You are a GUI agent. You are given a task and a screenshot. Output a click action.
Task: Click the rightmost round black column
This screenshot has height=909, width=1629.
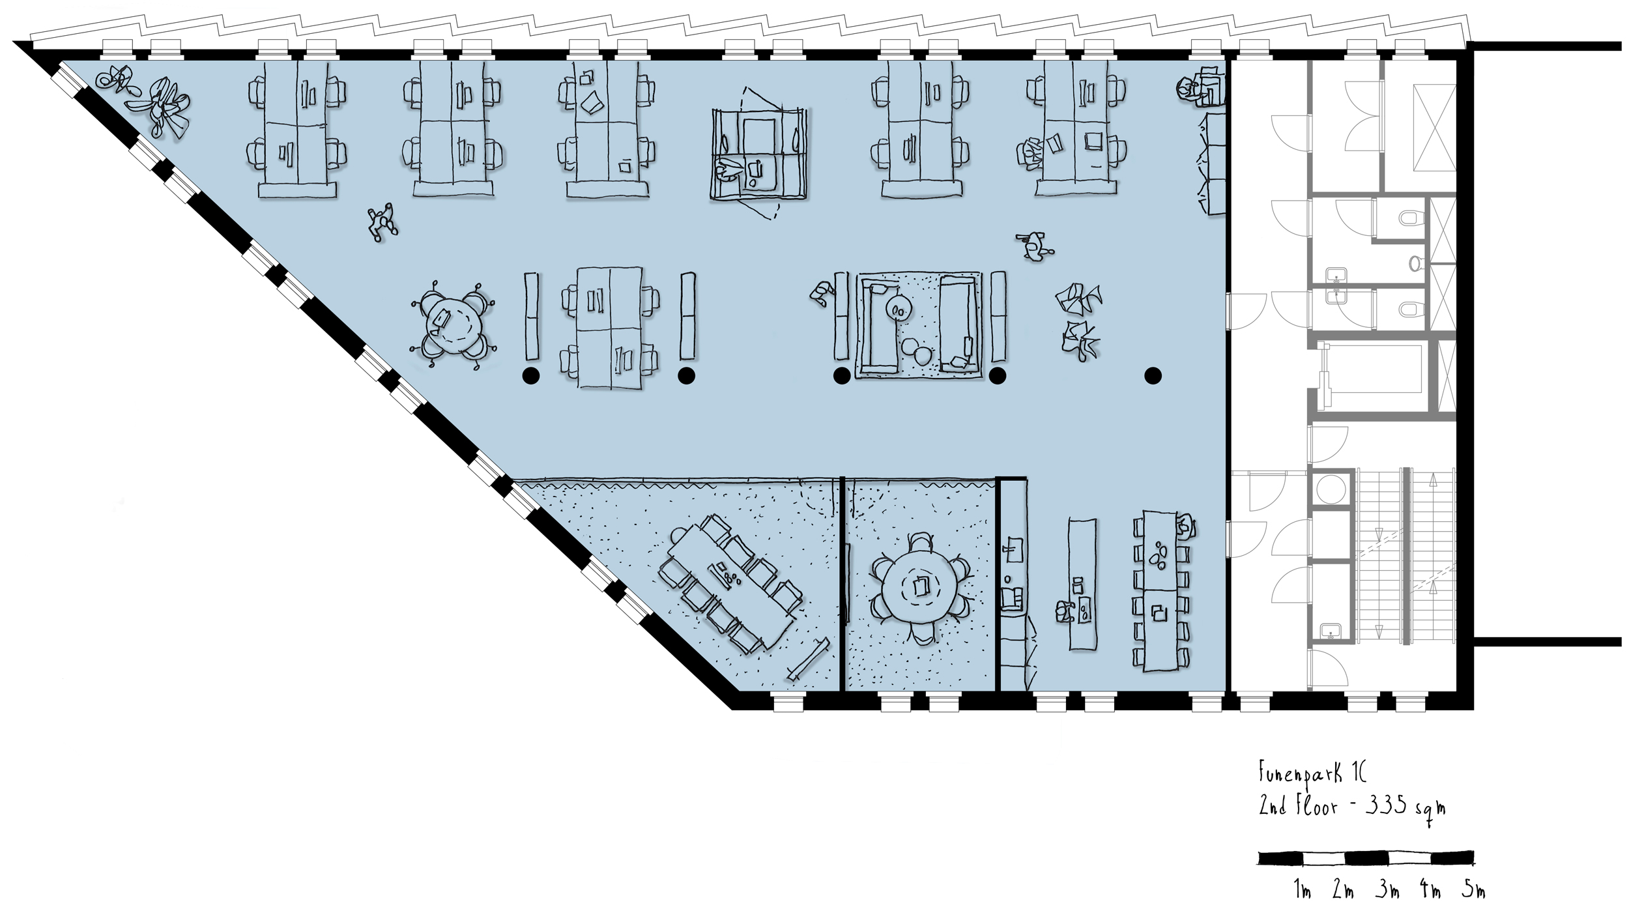[1153, 375]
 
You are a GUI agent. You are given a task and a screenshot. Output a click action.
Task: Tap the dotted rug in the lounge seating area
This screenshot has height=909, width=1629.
[918, 325]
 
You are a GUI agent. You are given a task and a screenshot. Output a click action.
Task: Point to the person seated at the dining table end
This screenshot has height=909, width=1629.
[1186, 525]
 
